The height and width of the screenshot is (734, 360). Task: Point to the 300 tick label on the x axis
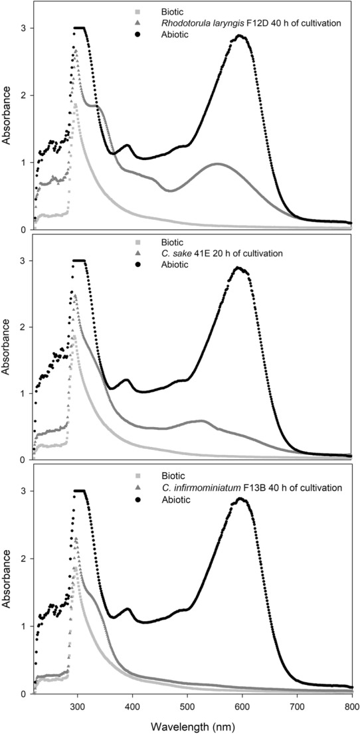click(x=78, y=707)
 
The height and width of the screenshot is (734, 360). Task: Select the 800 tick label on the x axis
click(x=351, y=707)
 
